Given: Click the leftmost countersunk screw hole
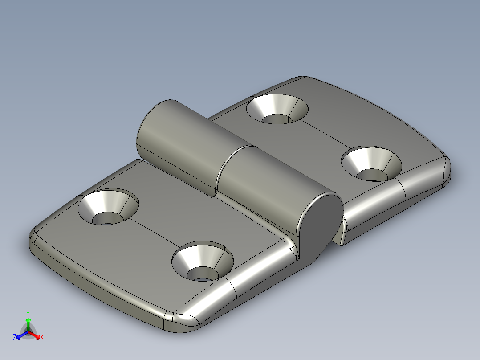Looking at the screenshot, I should pyautogui.click(x=108, y=208).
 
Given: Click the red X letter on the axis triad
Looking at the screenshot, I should pyautogui.click(x=42, y=338).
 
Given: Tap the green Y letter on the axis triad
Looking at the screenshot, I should pyautogui.click(x=28, y=313).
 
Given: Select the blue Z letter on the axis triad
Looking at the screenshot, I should pyautogui.click(x=15, y=338).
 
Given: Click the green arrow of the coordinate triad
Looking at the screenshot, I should pyautogui.click(x=28, y=322).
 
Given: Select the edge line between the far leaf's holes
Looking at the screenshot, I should pyautogui.click(x=323, y=134).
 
